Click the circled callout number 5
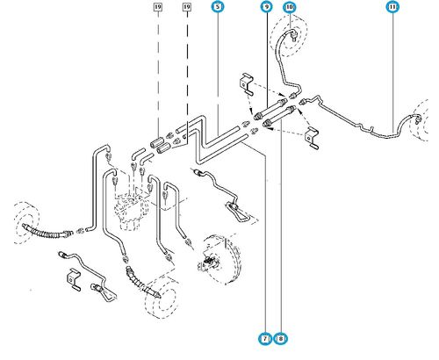pyautogui.click(x=218, y=6)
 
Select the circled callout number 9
pyautogui.click(x=267, y=6)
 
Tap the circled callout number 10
pyautogui.click(x=290, y=6)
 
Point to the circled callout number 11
pyautogui.click(x=392, y=6)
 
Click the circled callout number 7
pyautogui.click(x=265, y=339)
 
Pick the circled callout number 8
pyautogui.click(x=281, y=339)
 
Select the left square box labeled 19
pyautogui.click(x=158, y=6)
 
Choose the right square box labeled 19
pyautogui.click(x=187, y=6)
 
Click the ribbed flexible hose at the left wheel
pyautogui.click(x=47, y=231)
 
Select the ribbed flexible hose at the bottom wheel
pyautogui.click(x=143, y=283)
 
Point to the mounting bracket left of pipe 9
pyautogui.click(x=247, y=84)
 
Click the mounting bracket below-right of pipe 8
pyautogui.click(x=312, y=138)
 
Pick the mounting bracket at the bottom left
pyautogui.click(x=74, y=279)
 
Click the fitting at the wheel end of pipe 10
pyautogui.click(x=293, y=35)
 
